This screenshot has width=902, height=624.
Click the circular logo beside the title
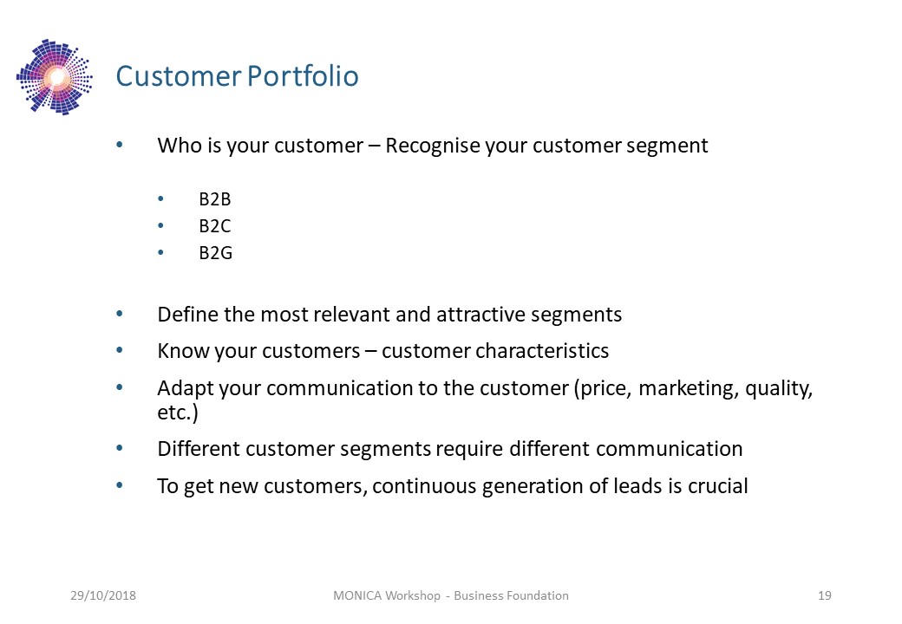55,77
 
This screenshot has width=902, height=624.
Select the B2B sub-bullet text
214,198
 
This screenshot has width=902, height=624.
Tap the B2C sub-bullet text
214,226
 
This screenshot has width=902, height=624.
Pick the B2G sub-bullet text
216,253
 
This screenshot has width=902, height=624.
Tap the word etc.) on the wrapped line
178,413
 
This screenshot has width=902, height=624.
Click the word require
469,449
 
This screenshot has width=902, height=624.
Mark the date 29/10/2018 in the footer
103,595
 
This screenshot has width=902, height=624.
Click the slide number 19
824,595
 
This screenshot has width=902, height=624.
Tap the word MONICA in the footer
357,595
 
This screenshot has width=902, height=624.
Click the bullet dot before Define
120,315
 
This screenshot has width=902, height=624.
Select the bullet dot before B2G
160,253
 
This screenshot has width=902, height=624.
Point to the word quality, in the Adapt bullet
779,388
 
